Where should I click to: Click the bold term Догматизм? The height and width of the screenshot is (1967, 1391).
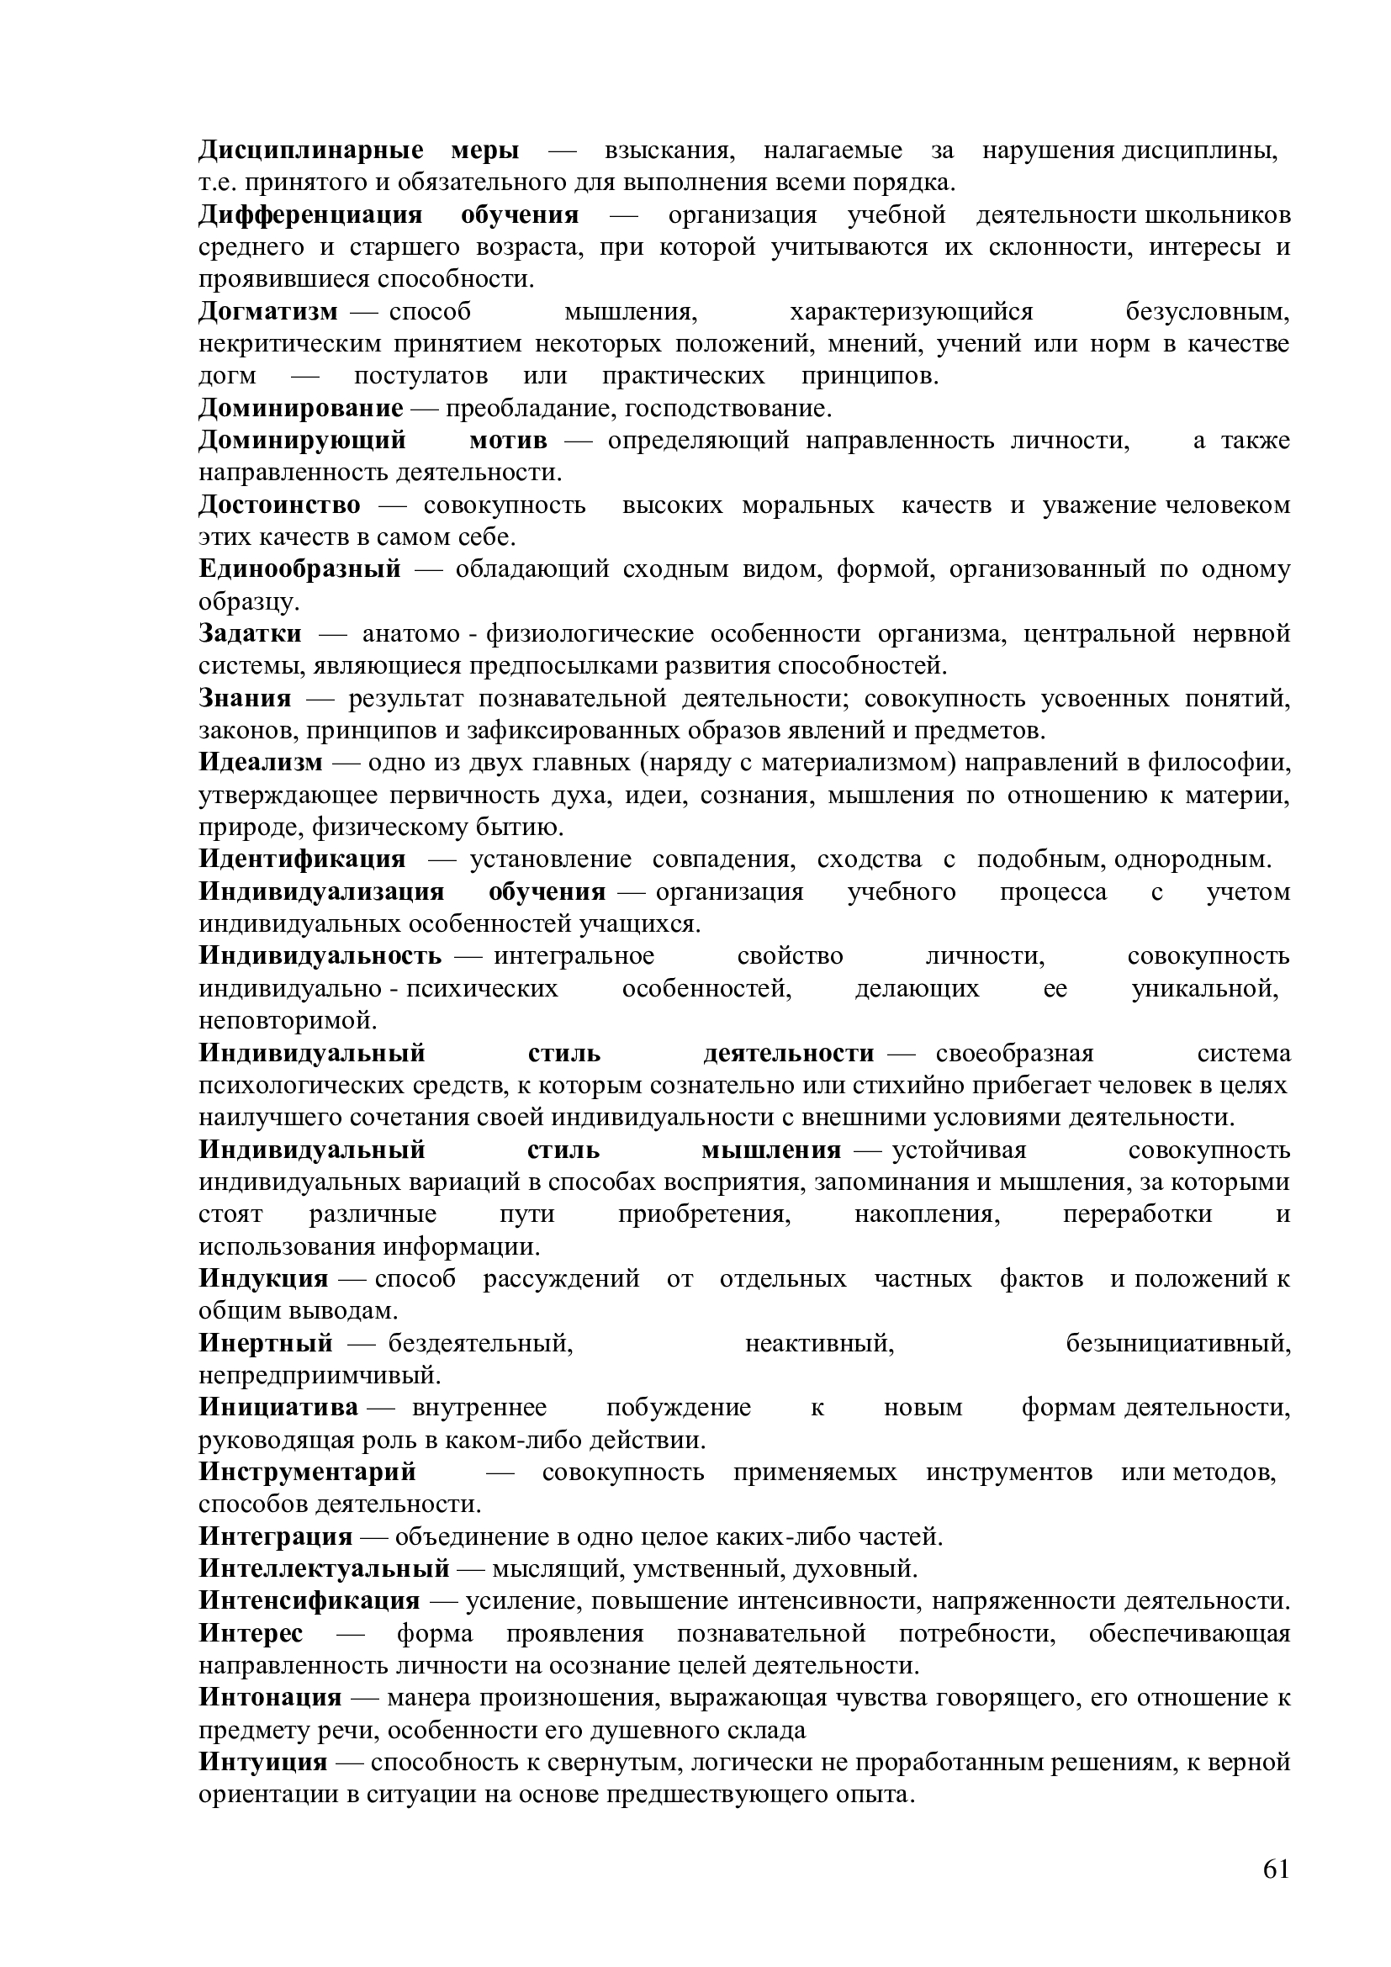point(268,312)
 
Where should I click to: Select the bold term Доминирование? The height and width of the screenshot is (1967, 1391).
point(300,409)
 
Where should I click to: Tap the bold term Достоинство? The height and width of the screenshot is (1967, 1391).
point(279,505)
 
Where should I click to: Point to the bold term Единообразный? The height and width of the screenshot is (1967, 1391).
point(299,569)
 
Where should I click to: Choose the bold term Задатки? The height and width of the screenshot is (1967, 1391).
point(250,634)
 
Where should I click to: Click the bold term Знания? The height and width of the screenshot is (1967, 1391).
point(245,698)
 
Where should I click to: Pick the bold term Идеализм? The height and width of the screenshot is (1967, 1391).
point(262,763)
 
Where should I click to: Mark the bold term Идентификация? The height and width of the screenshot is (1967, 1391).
point(303,859)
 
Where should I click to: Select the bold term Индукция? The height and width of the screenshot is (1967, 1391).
point(264,1279)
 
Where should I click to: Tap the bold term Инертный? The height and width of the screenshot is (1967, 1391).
point(266,1343)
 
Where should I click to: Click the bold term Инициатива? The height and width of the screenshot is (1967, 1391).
point(278,1408)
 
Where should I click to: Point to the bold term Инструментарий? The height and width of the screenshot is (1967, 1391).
point(308,1472)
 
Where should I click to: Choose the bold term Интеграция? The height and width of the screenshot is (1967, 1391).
point(276,1537)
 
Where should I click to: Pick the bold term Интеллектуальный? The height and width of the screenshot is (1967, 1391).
point(325,1568)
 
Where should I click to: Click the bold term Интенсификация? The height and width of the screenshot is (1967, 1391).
point(309,1601)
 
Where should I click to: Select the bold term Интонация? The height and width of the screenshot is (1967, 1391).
point(270,1698)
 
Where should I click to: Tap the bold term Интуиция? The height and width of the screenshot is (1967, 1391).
point(263,1763)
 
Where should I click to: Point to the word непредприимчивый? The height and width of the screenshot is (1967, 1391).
point(320,1376)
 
